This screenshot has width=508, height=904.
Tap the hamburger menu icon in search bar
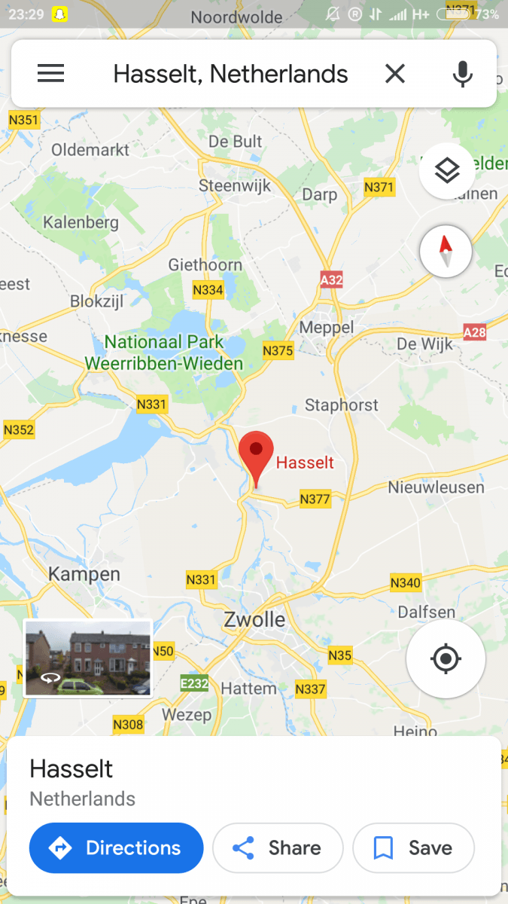[x=50, y=73]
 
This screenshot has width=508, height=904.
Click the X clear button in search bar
[x=395, y=74]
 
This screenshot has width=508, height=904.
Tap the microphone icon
[x=462, y=74]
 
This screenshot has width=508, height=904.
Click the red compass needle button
[x=446, y=252]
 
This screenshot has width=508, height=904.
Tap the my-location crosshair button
[x=446, y=659]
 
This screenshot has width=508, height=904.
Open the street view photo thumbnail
[x=88, y=658]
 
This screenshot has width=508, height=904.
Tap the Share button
[x=278, y=848]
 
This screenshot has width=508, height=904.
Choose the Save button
[x=413, y=848]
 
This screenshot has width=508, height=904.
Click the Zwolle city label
[x=254, y=620]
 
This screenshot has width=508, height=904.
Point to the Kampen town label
[x=84, y=574]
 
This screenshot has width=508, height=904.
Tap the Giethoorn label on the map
[x=205, y=264]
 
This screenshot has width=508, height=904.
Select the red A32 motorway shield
[x=331, y=280]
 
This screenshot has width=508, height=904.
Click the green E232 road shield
[x=194, y=683]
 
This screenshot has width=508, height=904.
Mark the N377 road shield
[x=315, y=498]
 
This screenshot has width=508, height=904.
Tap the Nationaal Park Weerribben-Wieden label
[x=164, y=353]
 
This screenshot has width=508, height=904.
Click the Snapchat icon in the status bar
[x=59, y=14]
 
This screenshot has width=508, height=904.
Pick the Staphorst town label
[x=342, y=405]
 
